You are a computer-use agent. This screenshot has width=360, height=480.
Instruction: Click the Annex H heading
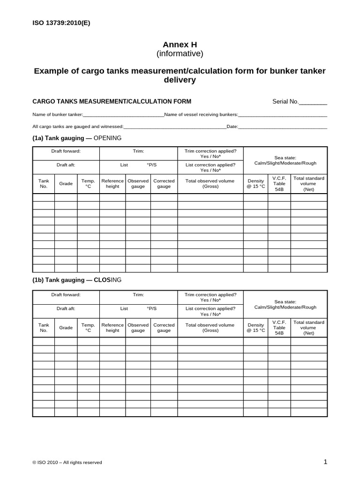pos(180,45)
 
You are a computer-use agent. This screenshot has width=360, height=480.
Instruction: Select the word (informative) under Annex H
pos(180,54)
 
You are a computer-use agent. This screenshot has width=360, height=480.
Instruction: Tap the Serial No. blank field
pos(313,102)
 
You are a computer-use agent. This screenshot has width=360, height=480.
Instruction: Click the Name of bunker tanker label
pos(57,115)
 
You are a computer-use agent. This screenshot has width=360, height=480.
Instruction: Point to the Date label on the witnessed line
pos(232,127)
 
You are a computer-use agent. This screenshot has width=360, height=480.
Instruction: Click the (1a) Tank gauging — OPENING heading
pos(77,138)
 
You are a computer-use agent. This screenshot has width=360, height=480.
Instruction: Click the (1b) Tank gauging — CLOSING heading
pos(77,280)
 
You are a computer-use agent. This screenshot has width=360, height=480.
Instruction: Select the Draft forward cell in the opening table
pos(66,151)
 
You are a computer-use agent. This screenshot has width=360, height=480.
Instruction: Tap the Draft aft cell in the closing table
pos(66,308)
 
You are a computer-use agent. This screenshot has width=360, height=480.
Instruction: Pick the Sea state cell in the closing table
pos(285,305)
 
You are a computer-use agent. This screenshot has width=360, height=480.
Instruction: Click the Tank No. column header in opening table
pos(44,183)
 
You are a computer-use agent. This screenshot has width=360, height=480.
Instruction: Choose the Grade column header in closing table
pos(66,328)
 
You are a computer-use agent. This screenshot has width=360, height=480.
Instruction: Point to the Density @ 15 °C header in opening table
pos(256,183)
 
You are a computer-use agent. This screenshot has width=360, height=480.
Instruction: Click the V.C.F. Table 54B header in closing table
pos(279,328)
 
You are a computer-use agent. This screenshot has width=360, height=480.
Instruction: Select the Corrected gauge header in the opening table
pos(164,183)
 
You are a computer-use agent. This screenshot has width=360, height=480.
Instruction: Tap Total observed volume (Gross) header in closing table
pos(210,328)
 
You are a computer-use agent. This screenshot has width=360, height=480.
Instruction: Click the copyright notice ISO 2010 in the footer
pos(67,462)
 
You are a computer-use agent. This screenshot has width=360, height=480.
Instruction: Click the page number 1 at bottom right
pos(325,462)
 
